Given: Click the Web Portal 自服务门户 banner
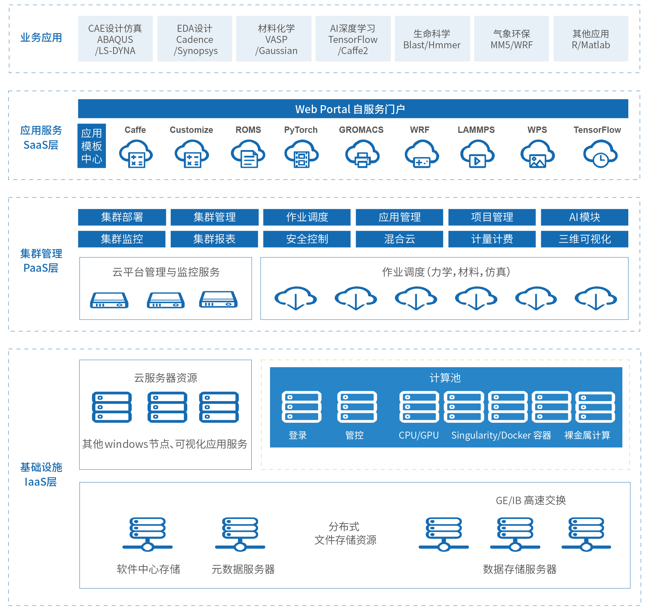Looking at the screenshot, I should pos(353,109).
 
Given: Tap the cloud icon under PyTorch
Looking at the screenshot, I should pos(301,154).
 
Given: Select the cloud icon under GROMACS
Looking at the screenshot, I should pos(362,154).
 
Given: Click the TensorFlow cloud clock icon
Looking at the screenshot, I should pos(600,154).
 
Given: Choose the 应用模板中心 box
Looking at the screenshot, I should pos(92,146).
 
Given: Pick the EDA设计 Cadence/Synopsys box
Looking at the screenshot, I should pos(195,39).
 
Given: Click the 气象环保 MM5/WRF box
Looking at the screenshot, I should pos(511,39).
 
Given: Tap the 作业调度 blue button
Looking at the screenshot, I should pos(307,217).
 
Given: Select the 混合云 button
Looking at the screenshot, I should pos(399,239).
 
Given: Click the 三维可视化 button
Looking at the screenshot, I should pos(584,239).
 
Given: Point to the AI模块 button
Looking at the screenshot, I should pos(584,217).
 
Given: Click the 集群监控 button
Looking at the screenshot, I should pos(122,239).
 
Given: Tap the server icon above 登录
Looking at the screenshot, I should pos(301,407).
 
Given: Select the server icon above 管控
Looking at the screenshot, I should pos(357,407).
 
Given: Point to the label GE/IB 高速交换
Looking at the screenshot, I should pos(530,500).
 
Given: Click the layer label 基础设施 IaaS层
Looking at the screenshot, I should pos(41,474).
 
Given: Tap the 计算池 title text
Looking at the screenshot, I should pos(445,378).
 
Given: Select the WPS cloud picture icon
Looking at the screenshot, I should pos(537,154).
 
